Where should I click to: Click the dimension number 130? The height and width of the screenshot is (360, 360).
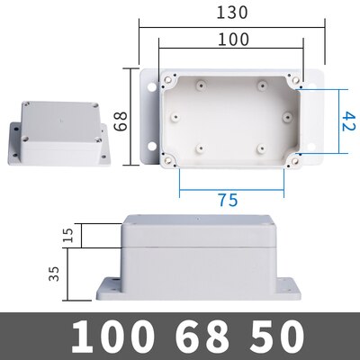coord(229,13)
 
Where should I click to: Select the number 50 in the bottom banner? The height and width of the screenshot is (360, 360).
coord(271,337)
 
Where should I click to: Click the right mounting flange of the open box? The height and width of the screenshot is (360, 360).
coord(307,117)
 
